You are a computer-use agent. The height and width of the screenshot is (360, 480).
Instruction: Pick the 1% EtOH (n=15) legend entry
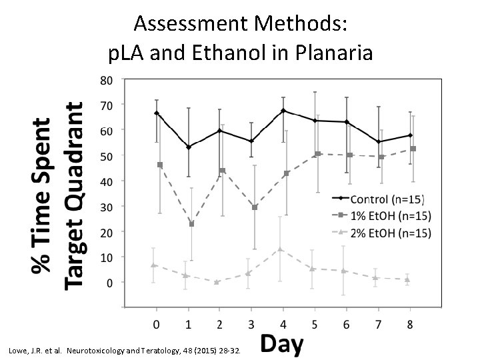(391, 215)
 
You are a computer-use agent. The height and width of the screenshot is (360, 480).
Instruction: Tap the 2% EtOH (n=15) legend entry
(391, 233)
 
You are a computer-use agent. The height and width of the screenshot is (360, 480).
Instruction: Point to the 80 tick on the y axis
(106, 79)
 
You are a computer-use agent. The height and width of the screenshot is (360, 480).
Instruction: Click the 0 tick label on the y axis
(109, 282)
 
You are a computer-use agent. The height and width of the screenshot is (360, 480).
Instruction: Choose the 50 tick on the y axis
(106, 155)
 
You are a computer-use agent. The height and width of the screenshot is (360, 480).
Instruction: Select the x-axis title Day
(281, 345)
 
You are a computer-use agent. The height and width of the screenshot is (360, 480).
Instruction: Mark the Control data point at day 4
(283, 111)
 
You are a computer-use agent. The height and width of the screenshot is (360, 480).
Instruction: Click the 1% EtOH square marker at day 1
(192, 224)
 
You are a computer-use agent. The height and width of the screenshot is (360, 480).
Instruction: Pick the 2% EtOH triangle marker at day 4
(280, 249)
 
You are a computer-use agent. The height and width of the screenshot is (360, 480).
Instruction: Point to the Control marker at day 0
(157, 113)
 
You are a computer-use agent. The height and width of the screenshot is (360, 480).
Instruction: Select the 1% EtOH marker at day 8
(413, 149)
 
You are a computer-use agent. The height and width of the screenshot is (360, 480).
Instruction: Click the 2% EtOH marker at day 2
(217, 282)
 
